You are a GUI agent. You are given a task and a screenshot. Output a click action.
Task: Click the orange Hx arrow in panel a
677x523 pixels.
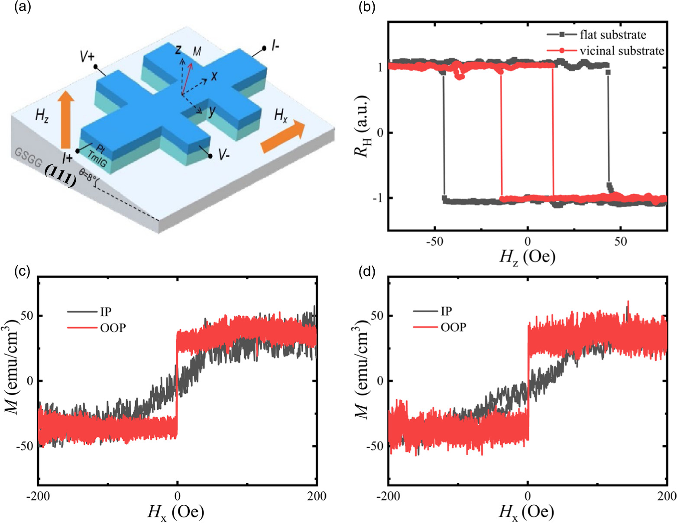point(283,136)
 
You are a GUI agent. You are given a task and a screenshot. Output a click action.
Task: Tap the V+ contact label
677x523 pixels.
point(87,57)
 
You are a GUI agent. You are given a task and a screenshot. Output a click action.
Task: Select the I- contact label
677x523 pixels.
point(275,45)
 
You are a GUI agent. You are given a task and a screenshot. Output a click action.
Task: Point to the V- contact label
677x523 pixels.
point(224,155)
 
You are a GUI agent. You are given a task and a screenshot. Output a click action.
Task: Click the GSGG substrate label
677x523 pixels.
point(28,158)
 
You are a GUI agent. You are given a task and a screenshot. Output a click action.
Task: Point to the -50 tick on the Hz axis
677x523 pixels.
point(434,241)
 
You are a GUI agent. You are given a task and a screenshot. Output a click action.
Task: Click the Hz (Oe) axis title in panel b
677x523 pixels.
point(527,257)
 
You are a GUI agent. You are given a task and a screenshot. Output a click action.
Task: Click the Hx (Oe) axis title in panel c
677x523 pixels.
point(175,512)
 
